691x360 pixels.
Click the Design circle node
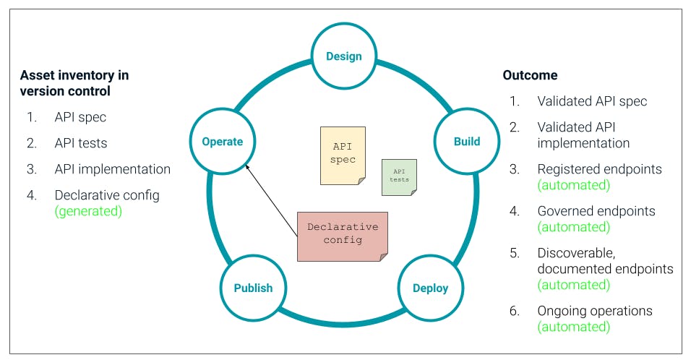343,56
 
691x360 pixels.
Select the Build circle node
466,141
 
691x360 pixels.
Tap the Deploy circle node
430,288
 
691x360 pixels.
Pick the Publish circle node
253,288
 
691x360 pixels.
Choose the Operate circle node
223,141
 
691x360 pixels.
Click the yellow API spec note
343,154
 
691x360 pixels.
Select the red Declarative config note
343,235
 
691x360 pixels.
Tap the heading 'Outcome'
530,75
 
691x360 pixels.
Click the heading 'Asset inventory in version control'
74,83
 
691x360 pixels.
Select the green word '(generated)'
88,211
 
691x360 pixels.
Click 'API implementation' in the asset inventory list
112,169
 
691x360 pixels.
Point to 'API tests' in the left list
80,143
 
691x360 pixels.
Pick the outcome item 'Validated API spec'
592,101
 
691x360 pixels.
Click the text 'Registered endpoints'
599,169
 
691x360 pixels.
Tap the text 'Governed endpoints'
596,211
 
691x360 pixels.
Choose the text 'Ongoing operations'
595,311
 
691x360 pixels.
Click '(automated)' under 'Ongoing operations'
573,327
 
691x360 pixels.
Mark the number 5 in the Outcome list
514,253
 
